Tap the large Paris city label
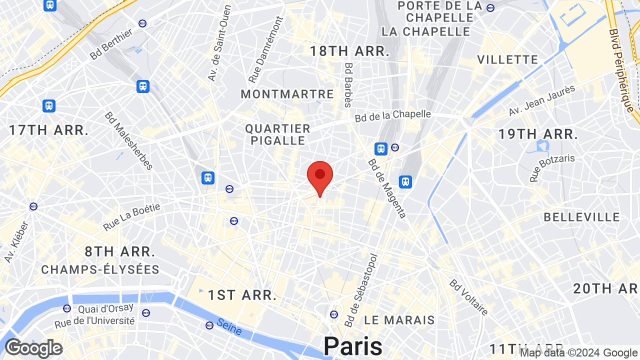tap(352, 346)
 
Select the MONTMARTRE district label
tap(287, 94)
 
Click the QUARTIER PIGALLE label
tap(277, 134)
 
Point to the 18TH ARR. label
tap(349, 51)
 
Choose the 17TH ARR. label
tap(49, 130)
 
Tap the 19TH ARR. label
tap(538, 134)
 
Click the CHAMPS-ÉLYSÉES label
tap(100, 270)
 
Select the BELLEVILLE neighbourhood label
tap(581, 217)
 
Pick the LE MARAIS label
tap(399, 319)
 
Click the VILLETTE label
tap(507, 59)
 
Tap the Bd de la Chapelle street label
tap(392, 115)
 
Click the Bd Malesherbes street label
tap(128, 140)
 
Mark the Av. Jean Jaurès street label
tap(542, 100)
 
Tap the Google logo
tap(33, 348)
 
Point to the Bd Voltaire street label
tap(468, 297)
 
